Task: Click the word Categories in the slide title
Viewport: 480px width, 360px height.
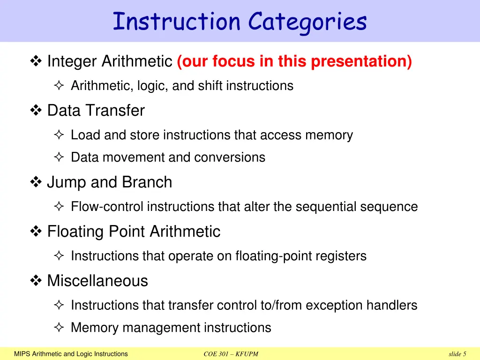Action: pyautogui.click(x=307, y=22)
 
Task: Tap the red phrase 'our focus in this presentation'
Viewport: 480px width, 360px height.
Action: pyautogui.click(x=294, y=61)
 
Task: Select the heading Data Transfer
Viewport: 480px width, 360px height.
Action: pyautogui.click(x=96, y=111)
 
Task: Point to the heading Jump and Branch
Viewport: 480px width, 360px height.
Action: pyautogui.click(x=109, y=182)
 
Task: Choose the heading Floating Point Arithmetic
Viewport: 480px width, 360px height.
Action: pyautogui.click(x=134, y=232)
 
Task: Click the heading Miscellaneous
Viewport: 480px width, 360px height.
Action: pyautogui.click(x=97, y=281)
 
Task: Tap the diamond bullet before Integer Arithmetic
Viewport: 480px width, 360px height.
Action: pyautogui.click(x=36, y=61)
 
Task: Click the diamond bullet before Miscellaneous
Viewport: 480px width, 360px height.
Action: pyautogui.click(x=36, y=281)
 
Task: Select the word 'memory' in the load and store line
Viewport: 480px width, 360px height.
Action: pyautogui.click(x=329, y=135)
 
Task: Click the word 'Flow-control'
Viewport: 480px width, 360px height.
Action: pyautogui.click(x=107, y=207)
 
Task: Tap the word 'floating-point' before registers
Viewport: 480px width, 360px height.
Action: pyautogui.click(x=265, y=256)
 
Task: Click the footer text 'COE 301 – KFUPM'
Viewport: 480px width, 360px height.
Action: pyautogui.click(x=231, y=354)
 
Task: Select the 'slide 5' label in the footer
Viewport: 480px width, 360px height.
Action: pyautogui.click(x=457, y=354)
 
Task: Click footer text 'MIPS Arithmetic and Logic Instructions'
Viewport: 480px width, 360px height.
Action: pyautogui.click(x=71, y=354)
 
